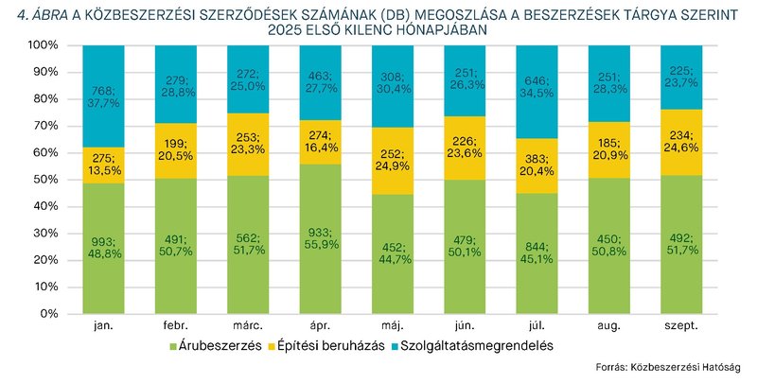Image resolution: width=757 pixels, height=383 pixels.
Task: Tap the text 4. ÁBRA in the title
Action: pyautogui.click(x=38, y=12)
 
